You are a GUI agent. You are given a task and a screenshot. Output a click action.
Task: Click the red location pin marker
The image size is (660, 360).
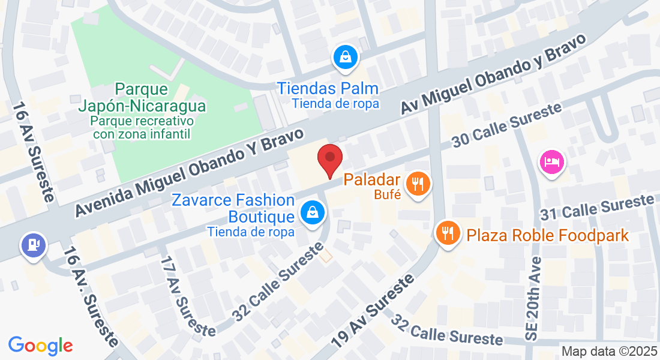tap(329, 160)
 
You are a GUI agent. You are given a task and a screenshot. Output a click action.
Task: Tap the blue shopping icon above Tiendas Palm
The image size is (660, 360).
tap(346, 58)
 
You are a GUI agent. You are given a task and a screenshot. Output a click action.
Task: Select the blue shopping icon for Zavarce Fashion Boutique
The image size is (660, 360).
tap(313, 211)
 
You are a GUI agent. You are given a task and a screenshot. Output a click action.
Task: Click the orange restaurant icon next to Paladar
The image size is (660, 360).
tap(418, 183)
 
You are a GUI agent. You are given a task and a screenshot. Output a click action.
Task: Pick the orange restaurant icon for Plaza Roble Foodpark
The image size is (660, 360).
tap(447, 232)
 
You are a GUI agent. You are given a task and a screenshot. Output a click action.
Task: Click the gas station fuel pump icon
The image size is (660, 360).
tap(33, 245)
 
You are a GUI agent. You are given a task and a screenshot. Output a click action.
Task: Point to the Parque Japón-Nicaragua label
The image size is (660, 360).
tap(142, 98)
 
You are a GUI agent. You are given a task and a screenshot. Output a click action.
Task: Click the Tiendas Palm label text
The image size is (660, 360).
tap(328, 89)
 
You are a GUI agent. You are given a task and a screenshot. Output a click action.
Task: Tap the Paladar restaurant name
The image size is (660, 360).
tap(371, 180)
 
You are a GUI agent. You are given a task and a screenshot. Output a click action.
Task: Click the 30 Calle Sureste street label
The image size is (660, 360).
tap(507, 125)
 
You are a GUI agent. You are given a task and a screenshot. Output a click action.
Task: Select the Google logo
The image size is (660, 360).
tap(40, 346)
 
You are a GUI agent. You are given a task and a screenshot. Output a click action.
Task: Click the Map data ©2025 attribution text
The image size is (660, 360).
tap(608, 352)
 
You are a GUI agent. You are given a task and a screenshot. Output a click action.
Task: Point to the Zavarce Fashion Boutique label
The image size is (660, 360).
tap(234, 208)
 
